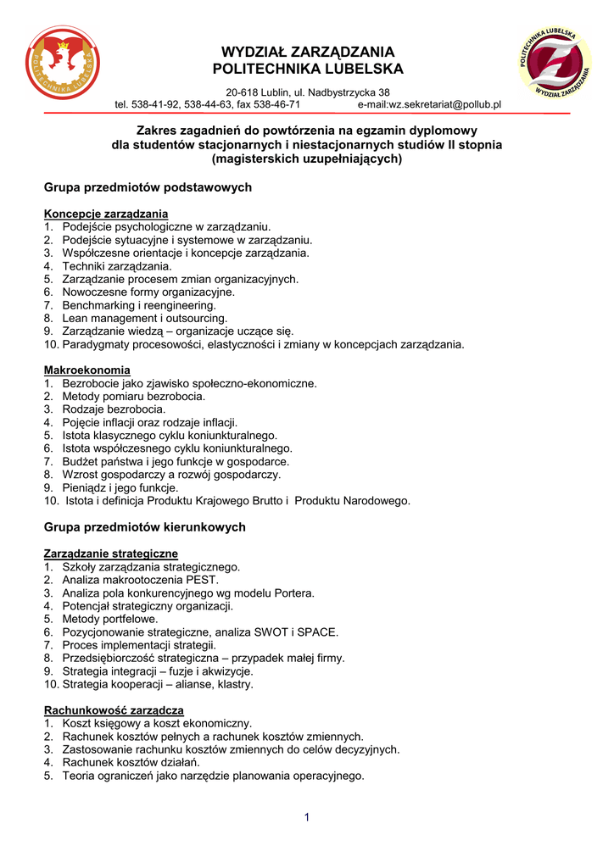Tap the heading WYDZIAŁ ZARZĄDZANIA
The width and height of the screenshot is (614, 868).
[308, 52]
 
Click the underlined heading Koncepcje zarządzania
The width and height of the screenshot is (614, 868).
[106, 214]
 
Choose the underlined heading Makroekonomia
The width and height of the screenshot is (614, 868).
[87, 370]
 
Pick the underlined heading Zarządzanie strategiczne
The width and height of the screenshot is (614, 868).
[111, 554]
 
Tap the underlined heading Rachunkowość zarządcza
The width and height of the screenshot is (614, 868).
[114, 710]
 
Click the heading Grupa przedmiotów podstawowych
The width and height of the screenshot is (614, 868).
[148, 186]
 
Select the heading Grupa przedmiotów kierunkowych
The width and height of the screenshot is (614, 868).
[145, 527]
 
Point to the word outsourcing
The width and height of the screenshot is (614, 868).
[199, 318]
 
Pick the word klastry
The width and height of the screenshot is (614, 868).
[235, 684]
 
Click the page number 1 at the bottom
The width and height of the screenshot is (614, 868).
[306, 817]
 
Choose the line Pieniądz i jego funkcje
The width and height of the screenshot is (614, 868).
[120, 488]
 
